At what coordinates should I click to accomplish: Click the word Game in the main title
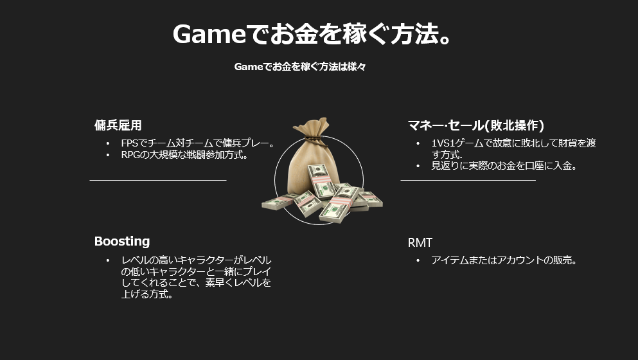click(x=209, y=34)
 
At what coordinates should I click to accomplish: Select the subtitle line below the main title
click(x=300, y=66)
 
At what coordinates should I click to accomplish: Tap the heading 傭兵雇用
click(x=118, y=125)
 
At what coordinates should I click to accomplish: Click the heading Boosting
click(x=122, y=241)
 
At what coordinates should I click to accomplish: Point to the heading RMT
click(x=420, y=243)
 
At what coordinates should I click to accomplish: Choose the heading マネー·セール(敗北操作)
click(x=475, y=125)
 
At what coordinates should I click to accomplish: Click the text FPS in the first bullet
click(x=130, y=143)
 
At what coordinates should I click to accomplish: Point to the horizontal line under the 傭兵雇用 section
click(x=158, y=179)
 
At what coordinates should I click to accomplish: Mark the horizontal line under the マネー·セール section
click(x=468, y=179)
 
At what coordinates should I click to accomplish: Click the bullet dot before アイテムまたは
click(x=418, y=260)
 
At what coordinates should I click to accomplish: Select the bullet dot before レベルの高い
click(x=108, y=260)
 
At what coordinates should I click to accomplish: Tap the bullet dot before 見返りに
click(x=418, y=166)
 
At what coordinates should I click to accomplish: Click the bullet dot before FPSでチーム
click(x=108, y=143)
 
